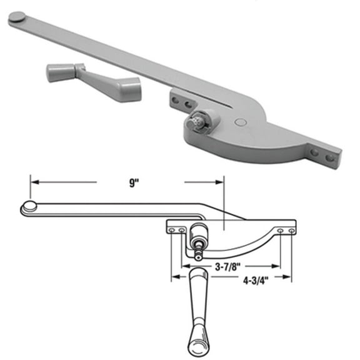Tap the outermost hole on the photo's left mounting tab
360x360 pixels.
(x=171, y=96)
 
